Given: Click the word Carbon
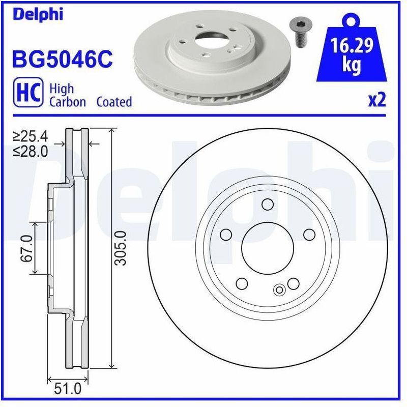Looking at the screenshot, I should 67,102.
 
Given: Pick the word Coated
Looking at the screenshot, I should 114,102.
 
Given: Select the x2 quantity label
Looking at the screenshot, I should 377,100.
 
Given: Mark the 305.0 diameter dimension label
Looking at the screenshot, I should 120,248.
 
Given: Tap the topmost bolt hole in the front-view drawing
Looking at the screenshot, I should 267,205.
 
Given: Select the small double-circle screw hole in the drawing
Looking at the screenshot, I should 279,290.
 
